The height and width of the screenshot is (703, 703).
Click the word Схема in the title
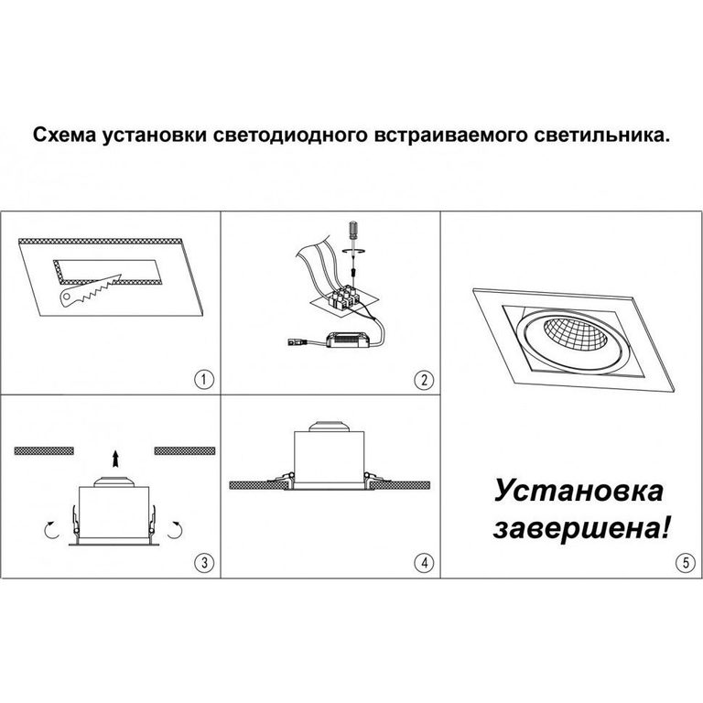(64, 135)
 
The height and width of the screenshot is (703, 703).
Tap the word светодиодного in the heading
(289, 135)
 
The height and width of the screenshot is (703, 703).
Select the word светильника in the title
(600, 135)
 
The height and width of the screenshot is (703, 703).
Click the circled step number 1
(204, 379)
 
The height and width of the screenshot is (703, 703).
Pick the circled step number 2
(424, 379)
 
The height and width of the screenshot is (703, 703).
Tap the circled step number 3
(204, 562)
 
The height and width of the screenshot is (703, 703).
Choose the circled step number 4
(424, 562)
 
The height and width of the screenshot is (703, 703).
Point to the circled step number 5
(686, 562)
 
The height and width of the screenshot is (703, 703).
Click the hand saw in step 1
(90, 290)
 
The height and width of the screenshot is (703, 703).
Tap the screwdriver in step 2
(353, 247)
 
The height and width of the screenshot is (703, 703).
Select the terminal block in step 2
(344, 297)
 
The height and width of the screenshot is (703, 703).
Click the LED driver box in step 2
(349, 340)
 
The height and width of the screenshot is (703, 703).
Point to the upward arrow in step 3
(115, 460)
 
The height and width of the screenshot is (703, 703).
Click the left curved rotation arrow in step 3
(51, 529)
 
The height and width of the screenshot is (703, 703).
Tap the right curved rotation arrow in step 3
(176, 529)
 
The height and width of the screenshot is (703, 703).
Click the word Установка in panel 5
(579, 490)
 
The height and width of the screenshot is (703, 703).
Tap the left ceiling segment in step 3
(44, 450)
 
